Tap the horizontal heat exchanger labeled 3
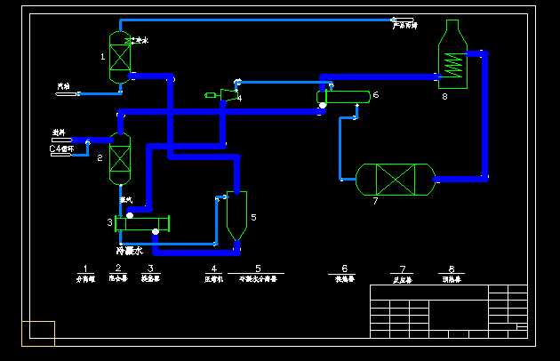pos(142,223)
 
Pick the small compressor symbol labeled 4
pos(228,92)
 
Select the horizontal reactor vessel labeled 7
pos(394,179)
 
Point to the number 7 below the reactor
pos(375,202)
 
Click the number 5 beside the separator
pos(253,216)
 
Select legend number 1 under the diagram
pos(84,268)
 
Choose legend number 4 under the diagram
pos(212,268)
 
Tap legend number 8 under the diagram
pos(452,268)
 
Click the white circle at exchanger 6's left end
pos(323,105)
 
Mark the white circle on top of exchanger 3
pos(130,214)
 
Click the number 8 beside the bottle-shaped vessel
pos(444,96)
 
